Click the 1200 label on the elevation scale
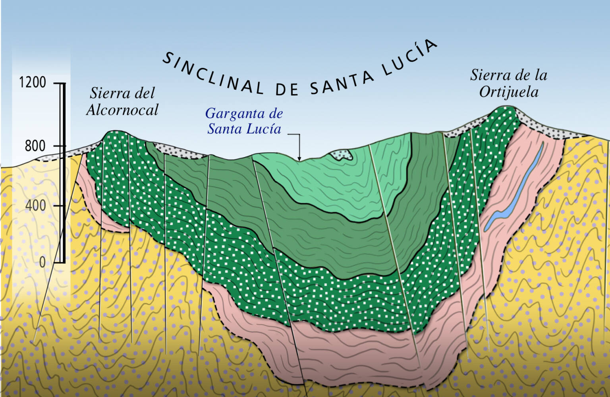point(33,82)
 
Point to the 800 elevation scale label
point(35,146)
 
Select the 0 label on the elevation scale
point(42,262)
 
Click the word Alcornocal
point(122,110)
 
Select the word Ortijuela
point(509,92)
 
